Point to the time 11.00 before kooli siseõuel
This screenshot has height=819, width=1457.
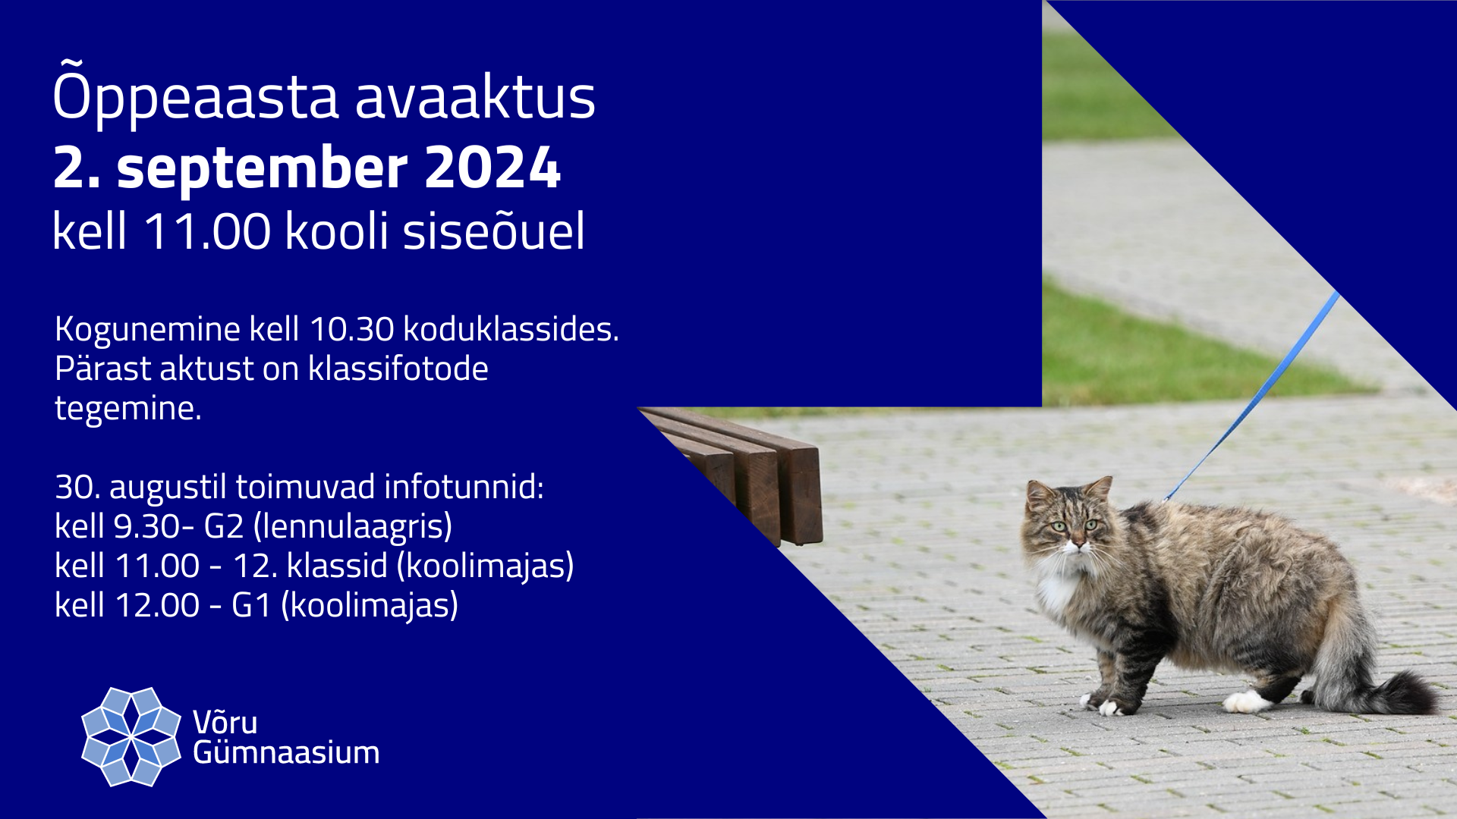[x=206, y=231]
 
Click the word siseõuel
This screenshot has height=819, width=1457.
[x=494, y=231]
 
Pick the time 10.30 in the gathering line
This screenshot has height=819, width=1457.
[x=351, y=329]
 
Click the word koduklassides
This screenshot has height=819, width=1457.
[x=511, y=329]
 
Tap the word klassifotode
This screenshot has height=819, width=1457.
[x=398, y=369]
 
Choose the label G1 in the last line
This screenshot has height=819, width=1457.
[x=251, y=605]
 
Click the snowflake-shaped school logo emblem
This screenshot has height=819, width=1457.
[x=131, y=736]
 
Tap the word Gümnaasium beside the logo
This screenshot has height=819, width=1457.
[x=286, y=752]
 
